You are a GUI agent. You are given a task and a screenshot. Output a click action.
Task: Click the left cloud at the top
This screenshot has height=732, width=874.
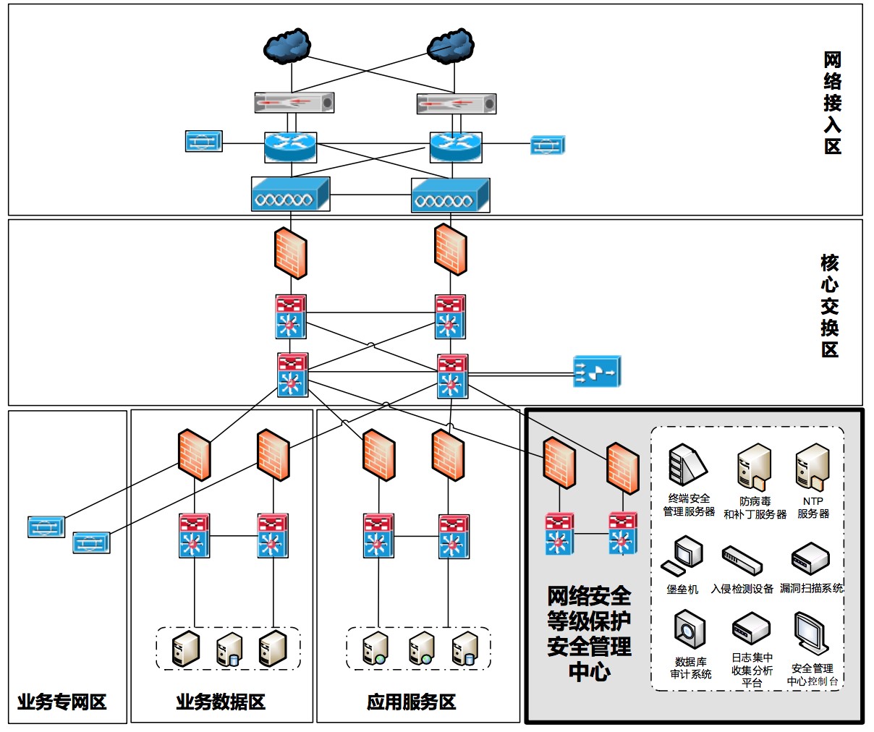(287, 46)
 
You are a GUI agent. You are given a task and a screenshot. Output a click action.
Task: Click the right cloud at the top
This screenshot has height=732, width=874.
(451, 46)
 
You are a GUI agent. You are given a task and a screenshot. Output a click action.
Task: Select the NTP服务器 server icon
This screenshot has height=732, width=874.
(813, 467)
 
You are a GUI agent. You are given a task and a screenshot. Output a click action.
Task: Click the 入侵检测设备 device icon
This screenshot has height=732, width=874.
(742, 560)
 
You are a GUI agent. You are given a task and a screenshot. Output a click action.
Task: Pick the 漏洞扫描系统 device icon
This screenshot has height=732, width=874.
(810, 558)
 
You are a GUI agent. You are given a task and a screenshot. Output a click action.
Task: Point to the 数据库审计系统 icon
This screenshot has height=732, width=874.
(690, 630)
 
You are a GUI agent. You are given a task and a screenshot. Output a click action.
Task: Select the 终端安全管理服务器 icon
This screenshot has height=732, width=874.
(687, 465)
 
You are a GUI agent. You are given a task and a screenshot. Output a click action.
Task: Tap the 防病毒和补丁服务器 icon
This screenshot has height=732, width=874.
(754, 467)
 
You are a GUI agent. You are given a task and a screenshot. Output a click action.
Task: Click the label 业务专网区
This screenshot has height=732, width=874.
(61, 702)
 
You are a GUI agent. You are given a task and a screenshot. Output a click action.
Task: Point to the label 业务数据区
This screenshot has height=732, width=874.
(221, 702)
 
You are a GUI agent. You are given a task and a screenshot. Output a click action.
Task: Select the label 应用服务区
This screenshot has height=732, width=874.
(411, 702)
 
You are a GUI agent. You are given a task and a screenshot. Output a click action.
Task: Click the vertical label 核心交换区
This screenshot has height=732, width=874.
(830, 305)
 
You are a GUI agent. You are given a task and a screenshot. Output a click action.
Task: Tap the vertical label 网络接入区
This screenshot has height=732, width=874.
(833, 103)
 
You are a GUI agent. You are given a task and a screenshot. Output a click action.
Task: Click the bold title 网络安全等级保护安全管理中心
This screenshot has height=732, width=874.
(589, 634)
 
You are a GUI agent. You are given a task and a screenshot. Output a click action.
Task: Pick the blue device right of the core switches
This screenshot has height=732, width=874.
(597, 371)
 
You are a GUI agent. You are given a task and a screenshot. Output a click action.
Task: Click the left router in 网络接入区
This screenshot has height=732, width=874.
(291, 148)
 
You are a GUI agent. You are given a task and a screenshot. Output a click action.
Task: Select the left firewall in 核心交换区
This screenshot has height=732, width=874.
(291, 253)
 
